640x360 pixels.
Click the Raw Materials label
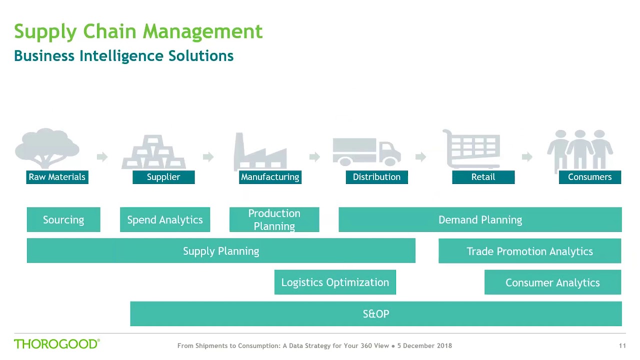click(57, 177)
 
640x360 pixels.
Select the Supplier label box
click(163, 177)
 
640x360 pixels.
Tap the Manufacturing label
click(270, 177)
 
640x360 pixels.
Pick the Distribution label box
click(376, 177)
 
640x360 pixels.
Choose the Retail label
click(483, 177)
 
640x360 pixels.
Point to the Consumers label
click(589, 177)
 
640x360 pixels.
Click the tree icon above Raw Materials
click(47, 148)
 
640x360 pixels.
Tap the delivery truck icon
click(366, 151)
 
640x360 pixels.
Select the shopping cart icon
click(472, 149)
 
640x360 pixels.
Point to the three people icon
click(580, 149)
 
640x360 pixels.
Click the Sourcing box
click(63, 220)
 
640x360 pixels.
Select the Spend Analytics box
click(165, 220)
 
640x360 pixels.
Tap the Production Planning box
click(274, 220)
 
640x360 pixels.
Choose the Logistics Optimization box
click(335, 282)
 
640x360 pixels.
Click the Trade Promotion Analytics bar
click(529, 251)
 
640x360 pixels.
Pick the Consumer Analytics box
click(552, 282)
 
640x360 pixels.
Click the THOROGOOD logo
click(57, 344)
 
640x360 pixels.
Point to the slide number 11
click(622, 345)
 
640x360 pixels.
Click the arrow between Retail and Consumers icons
click(527, 157)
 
